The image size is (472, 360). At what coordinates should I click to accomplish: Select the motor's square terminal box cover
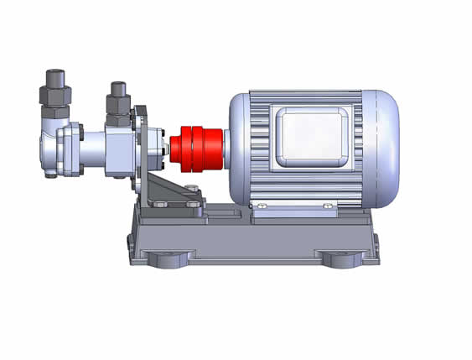click(x=309, y=138)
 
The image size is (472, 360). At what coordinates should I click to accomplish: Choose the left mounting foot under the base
click(x=169, y=257)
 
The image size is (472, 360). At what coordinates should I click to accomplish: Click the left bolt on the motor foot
click(x=262, y=206)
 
